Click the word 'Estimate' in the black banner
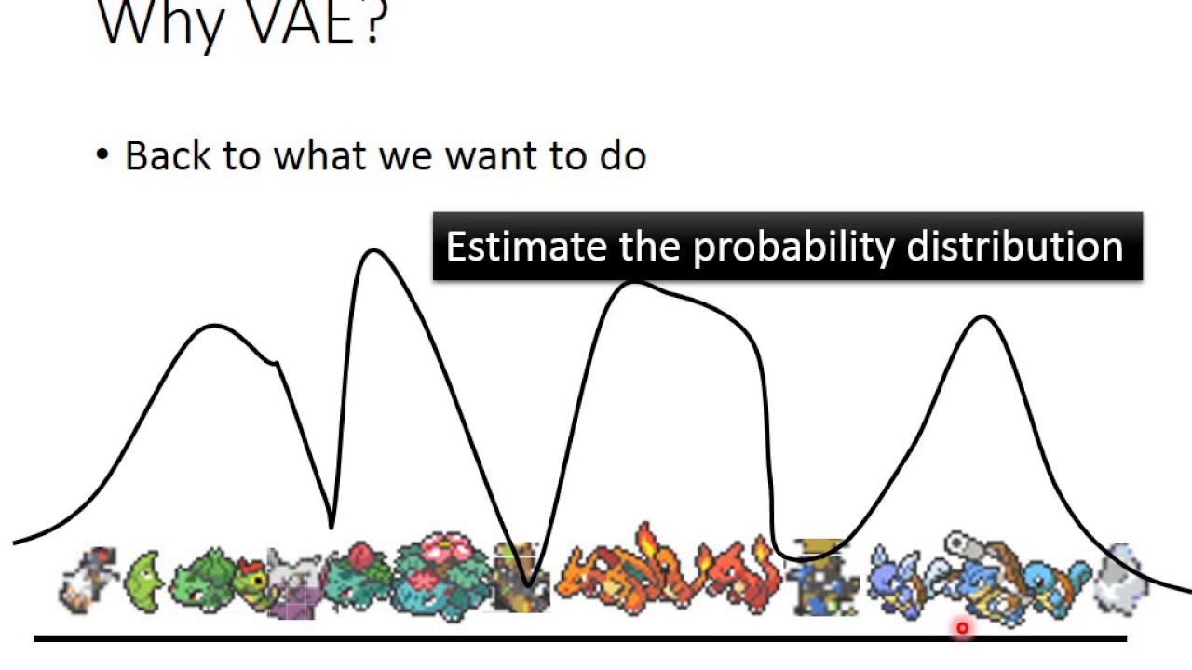point(526,247)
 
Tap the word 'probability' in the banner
point(793,248)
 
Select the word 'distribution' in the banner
point(1015,247)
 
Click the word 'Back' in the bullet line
point(167,155)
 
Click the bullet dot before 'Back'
point(102,155)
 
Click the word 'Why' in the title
point(159,24)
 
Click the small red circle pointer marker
point(962,628)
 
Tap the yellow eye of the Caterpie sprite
point(259,580)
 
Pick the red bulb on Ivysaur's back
point(362,556)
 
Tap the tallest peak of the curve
point(372,250)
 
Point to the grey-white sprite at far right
point(1119,580)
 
